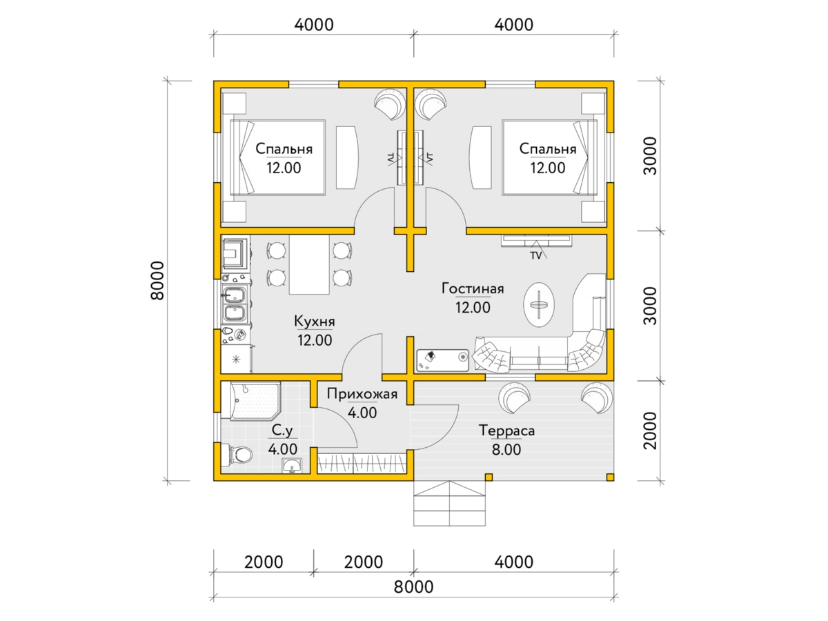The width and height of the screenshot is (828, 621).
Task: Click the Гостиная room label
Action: [473, 289]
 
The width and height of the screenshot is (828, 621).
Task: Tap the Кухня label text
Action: [314, 322]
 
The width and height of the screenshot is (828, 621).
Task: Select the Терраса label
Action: [506, 431]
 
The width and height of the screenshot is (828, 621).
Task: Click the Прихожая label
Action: [362, 394]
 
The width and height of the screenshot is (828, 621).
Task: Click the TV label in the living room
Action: [535, 255]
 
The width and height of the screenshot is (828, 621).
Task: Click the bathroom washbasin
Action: [292, 465]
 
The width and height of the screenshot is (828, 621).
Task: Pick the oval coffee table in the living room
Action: [539, 304]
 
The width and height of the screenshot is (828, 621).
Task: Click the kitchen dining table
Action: [309, 264]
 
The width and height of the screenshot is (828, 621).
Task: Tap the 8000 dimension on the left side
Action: [157, 281]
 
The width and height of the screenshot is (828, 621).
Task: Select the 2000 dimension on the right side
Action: [650, 430]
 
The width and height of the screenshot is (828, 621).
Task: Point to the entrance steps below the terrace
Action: [449, 503]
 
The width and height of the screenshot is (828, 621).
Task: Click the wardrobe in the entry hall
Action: [362, 464]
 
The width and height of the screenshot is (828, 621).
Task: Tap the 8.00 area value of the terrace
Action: [506, 450]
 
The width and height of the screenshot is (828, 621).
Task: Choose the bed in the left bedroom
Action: [278, 157]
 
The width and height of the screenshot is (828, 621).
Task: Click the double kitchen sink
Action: [235, 304]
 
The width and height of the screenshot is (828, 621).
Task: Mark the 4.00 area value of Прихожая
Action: [362, 413]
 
